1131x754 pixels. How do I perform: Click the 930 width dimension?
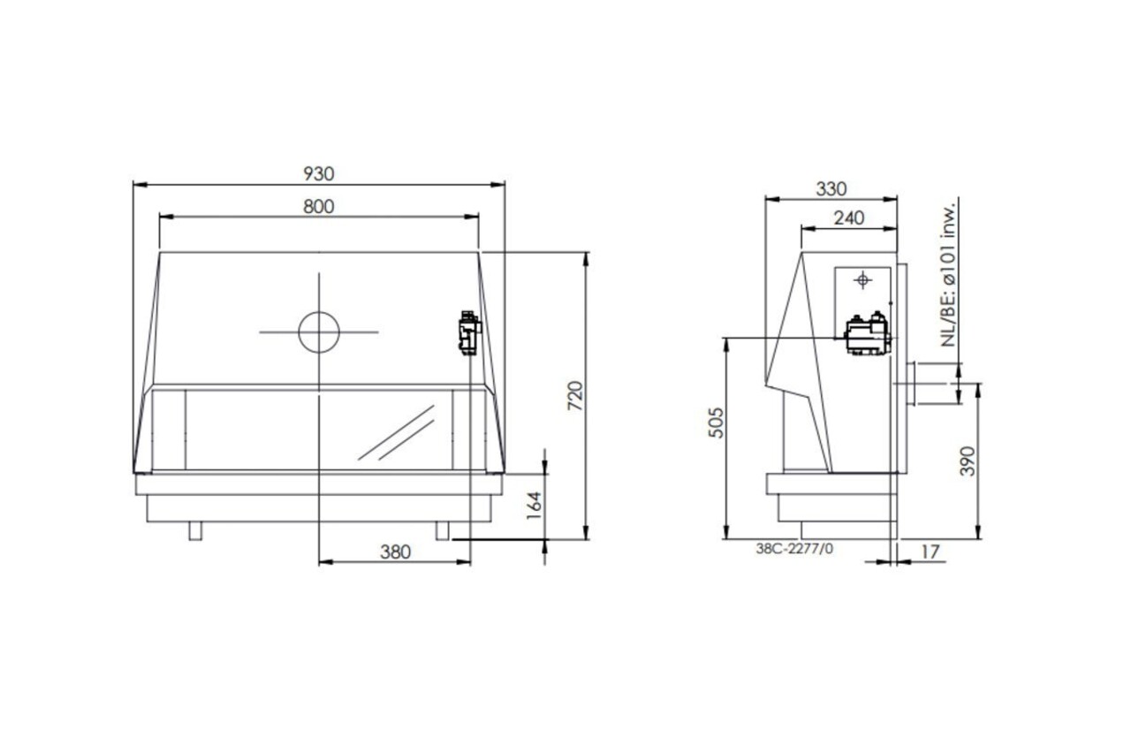click(319, 174)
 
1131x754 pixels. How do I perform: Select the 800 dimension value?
click(319, 207)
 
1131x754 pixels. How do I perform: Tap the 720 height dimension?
click(575, 395)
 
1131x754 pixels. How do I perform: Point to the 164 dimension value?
click(534, 505)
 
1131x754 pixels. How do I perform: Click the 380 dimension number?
click(395, 552)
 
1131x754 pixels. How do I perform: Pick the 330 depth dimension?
click(831, 189)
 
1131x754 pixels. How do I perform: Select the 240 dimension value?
click(849, 218)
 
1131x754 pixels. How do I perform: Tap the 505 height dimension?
click(716, 423)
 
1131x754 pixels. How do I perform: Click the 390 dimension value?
click(967, 461)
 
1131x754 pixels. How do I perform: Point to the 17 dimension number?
click(930, 552)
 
